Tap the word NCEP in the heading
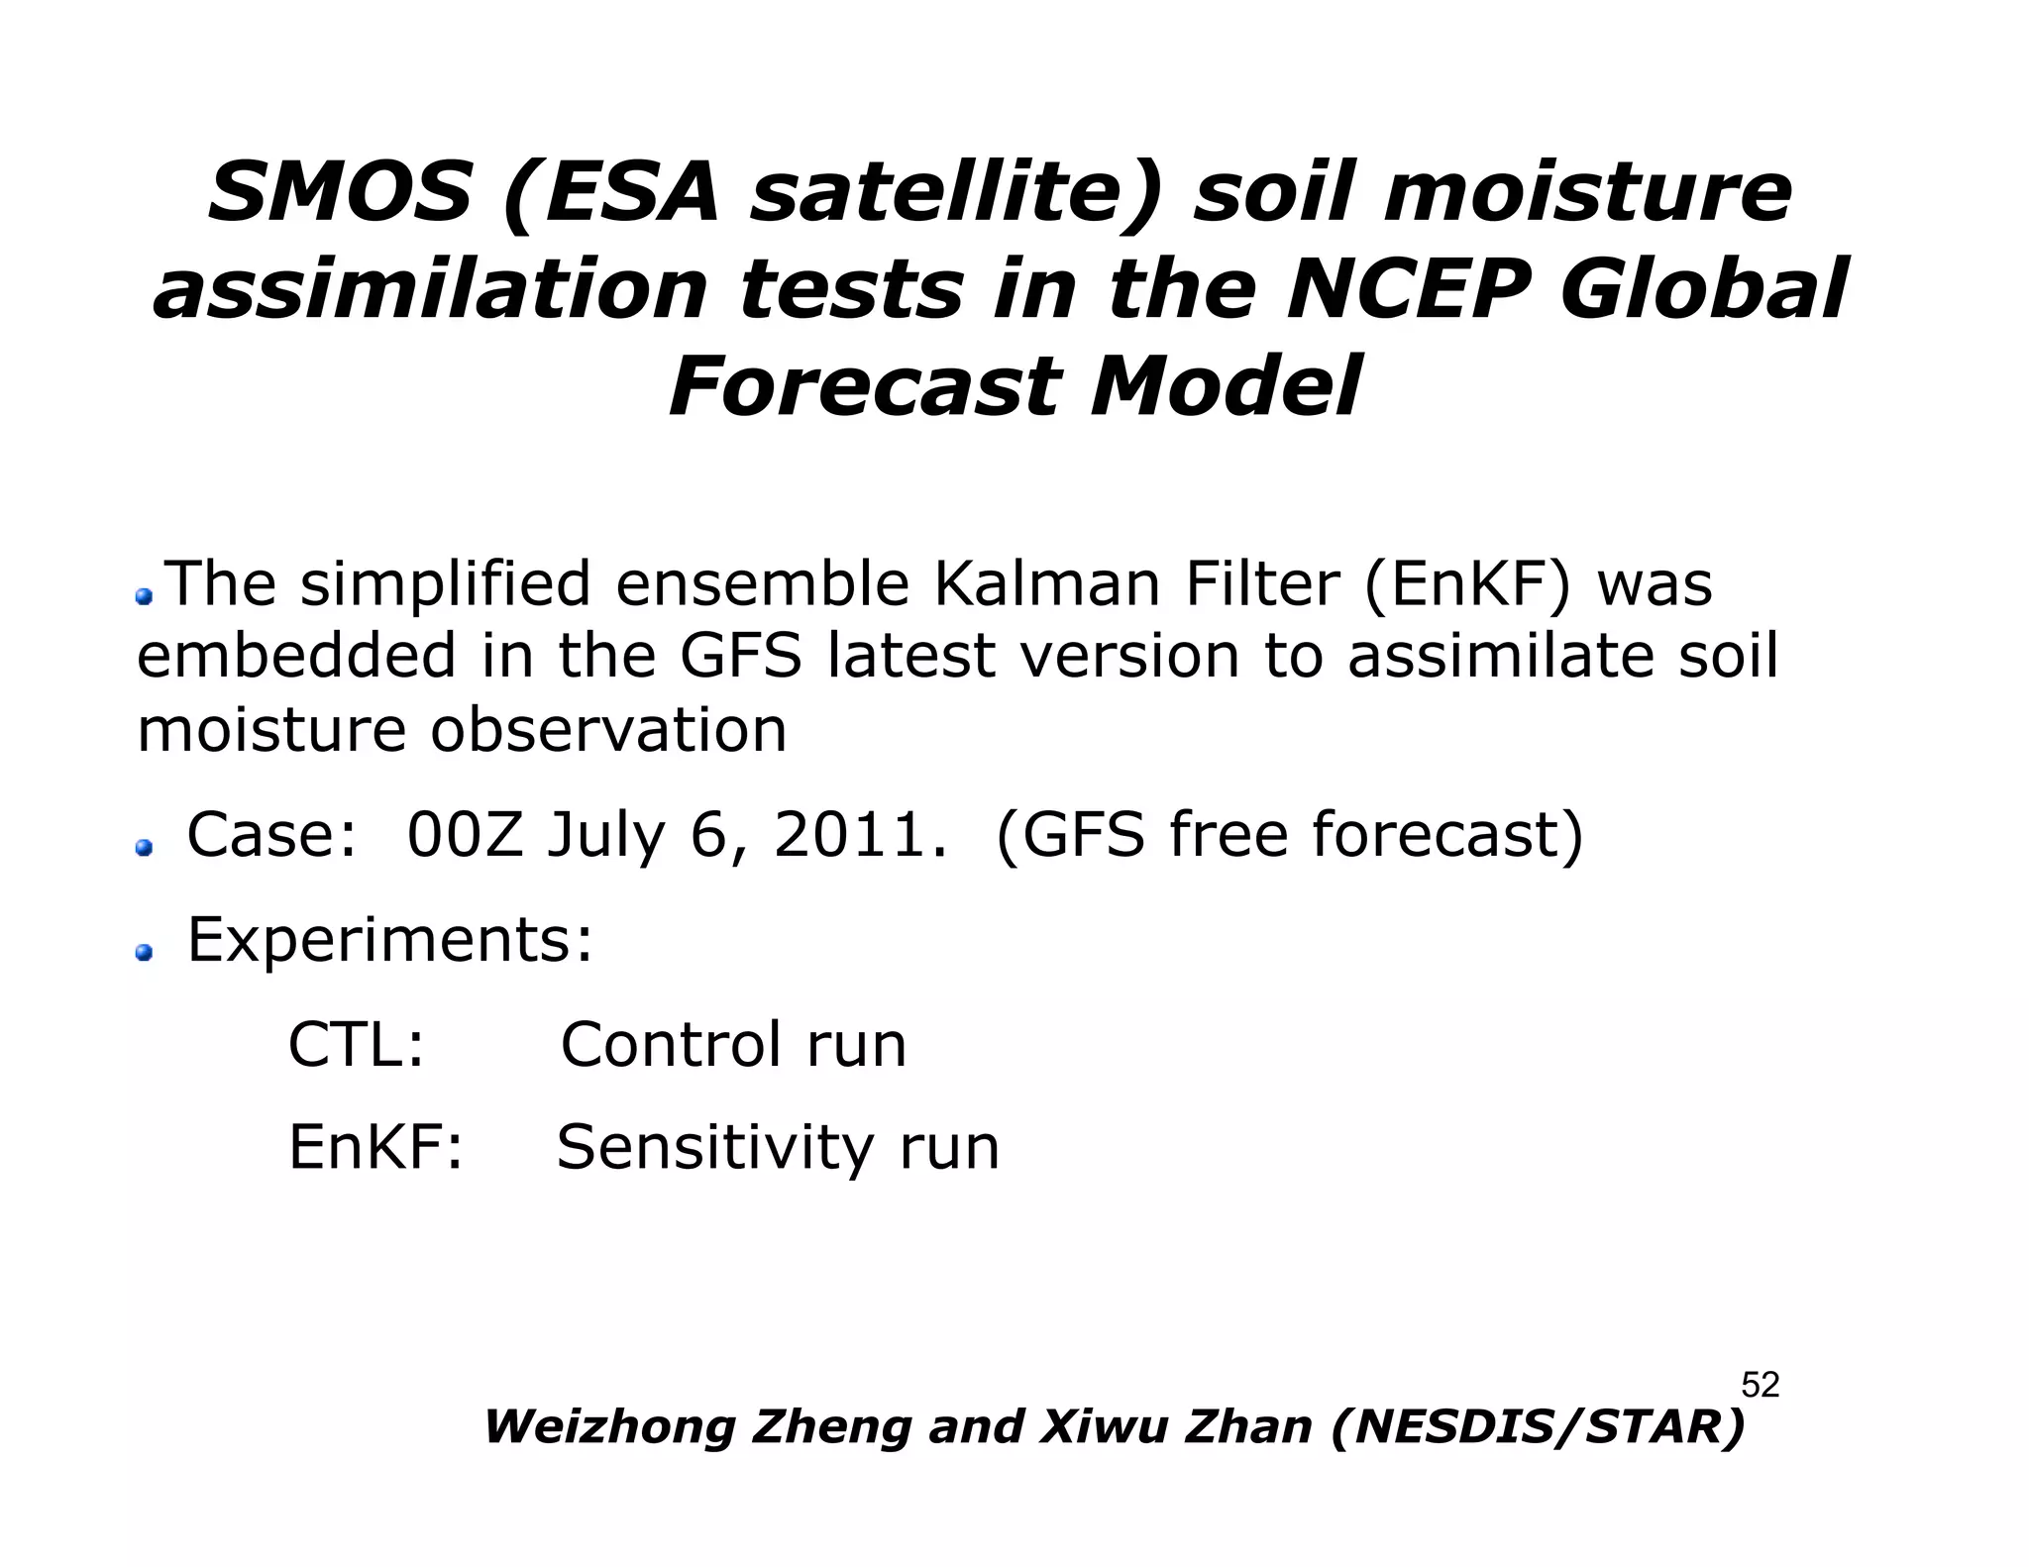click(x=1408, y=290)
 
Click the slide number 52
click(x=1760, y=1385)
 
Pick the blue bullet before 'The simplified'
click(x=145, y=595)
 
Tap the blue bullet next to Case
click(x=145, y=848)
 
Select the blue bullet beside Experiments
click(x=145, y=953)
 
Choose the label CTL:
click(x=356, y=1044)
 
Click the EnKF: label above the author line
click(x=375, y=1148)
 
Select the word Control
click(x=670, y=1044)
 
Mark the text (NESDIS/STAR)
click(x=1538, y=1427)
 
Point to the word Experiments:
click(x=389, y=941)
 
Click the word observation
click(x=607, y=730)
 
